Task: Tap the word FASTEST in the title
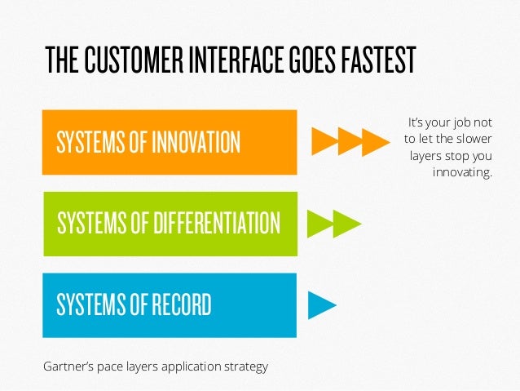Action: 374,59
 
